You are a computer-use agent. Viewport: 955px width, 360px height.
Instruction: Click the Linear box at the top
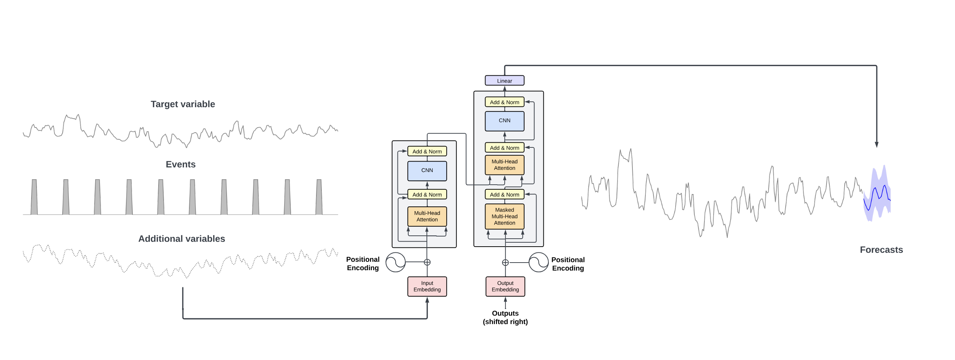click(504, 80)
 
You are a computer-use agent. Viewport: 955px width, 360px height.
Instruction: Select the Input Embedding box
click(427, 286)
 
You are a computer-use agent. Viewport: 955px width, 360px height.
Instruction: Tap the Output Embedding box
click(505, 286)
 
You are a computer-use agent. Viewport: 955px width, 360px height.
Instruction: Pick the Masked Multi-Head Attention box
click(504, 216)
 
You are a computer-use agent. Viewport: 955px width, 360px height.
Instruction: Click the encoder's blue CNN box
click(427, 171)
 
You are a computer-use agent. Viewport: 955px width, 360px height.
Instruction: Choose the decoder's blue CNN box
click(504, 121)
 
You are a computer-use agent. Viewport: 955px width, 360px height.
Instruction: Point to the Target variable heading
click(183, 104)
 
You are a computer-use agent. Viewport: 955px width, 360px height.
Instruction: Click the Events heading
click(181, 164)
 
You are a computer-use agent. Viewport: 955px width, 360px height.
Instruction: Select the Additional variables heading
click(182, 239)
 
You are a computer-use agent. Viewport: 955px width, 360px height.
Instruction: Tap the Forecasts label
click(881, 250)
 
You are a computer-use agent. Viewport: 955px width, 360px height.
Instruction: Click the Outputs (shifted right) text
click(505, 317)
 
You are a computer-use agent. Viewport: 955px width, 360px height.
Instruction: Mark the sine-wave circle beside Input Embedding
click(395, 262)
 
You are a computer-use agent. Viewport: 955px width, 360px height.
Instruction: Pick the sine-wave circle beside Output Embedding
click(538, 262)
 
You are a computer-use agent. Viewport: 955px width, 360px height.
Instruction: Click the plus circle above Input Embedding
click(427, 262)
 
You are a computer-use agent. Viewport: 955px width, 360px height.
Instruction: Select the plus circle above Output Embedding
click(505, 263)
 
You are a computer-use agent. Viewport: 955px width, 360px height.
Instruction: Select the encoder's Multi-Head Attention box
click(427, 216)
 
